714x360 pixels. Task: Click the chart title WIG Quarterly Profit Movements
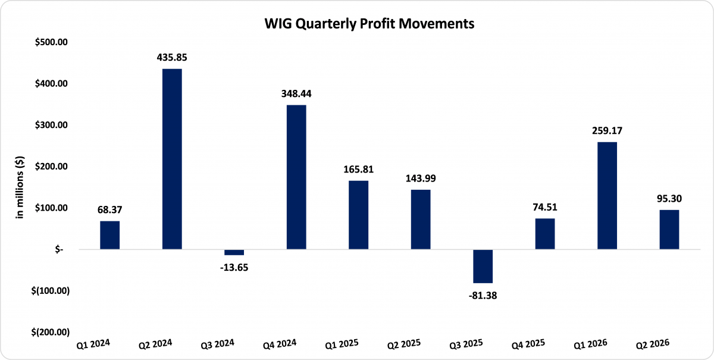pyautogui.click(x=357, y=24)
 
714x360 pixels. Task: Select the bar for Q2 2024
pyautogui.click(x=172, y=159)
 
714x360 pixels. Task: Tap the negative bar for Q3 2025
pyautogui.click(x=483, y=266)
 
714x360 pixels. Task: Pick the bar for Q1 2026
pyautogui.click(x=607, y=196)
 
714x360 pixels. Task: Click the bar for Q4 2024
pyautogui.click(x=296, y=177)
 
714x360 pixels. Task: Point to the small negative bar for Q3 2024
pyautogui.click(x=234, y=252)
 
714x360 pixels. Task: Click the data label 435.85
pyautogui.click(x=172, y=58)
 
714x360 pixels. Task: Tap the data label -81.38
pyautogui.click(x=483, y=295)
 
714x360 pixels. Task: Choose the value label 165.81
pyautogui.click(x=358, y=170)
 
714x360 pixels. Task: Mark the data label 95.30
pyautogui.click(x=669, y=199)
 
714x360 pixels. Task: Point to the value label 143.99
pyautogui.click(x=421, y=179)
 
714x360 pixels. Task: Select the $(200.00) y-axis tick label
pyautogui.click(x=52, y=332)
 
